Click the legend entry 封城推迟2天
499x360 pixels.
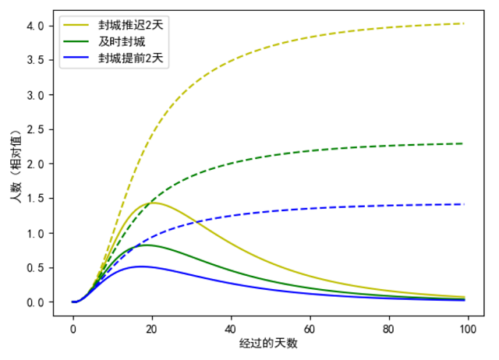click(130, 25)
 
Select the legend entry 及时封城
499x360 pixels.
click(122, 41)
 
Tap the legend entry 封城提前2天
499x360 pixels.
click(130, 58)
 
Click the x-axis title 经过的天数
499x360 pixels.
click(268, 344)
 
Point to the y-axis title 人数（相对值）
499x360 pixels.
click(16, 166)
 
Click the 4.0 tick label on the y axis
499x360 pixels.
click(35, 26)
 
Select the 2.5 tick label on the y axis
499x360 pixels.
click(35, 130)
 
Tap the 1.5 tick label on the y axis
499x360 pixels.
click(35, 199)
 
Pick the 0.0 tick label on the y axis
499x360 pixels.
click(35, 302)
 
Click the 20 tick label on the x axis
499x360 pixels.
click(152, 329)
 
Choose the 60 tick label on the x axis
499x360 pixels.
click(310, 329)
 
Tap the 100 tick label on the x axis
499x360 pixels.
click(468, 329)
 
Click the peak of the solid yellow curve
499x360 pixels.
click(154, 203)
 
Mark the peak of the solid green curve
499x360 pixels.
click(147, 245)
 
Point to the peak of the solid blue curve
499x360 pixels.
click(140, 266)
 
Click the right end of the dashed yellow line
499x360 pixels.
click(464, 23)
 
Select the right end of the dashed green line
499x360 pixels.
click(463, 143)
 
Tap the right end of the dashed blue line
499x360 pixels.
click(464, 204)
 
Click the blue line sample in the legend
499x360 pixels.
click(76, 58)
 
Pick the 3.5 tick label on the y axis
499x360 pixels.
click(35, 61)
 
